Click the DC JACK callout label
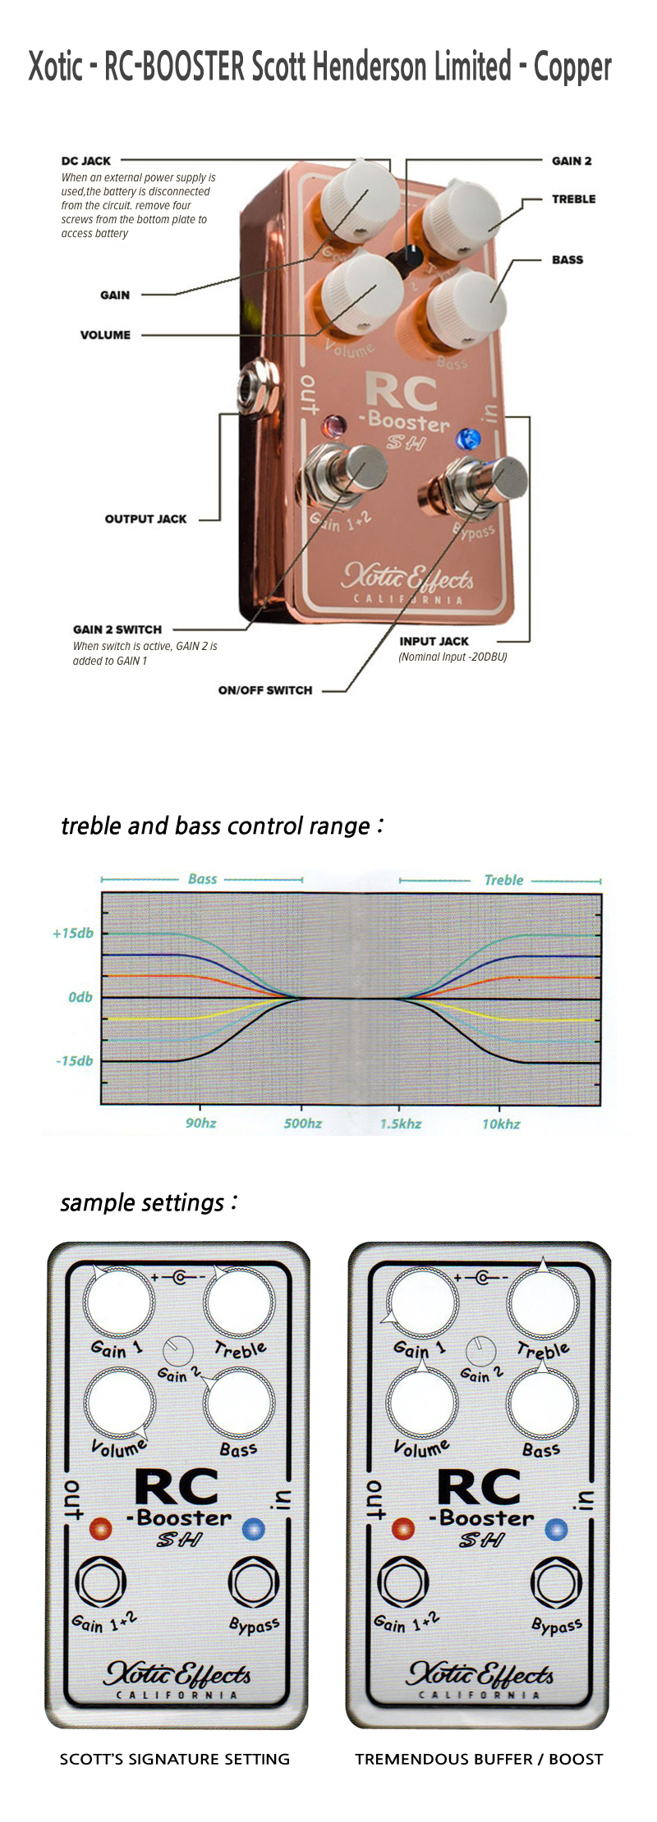[x=86, y=161]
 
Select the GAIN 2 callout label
[x=572, y=161]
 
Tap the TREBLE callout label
[x=573, y=199]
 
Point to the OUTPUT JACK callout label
[x=145, y=519]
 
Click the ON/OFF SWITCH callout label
[x=265, y=690]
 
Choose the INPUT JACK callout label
[x=434, y=641]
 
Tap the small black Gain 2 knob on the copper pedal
[x=411, y=257]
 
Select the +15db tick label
[x=72, y=933]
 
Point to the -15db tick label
[x=74, y=1061]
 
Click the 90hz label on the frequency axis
[x=200, y=1123]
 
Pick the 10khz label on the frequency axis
[x=501, y=1124]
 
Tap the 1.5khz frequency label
[x=401, y=1124]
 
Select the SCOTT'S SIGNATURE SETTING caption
[x=175, y=1759]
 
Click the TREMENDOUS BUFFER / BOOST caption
[x=479, y=1759]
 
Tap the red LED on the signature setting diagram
[x=100, y=1528]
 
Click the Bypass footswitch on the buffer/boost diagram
[x=556, y=1581]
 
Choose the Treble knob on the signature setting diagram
[x=239, y=1302]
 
